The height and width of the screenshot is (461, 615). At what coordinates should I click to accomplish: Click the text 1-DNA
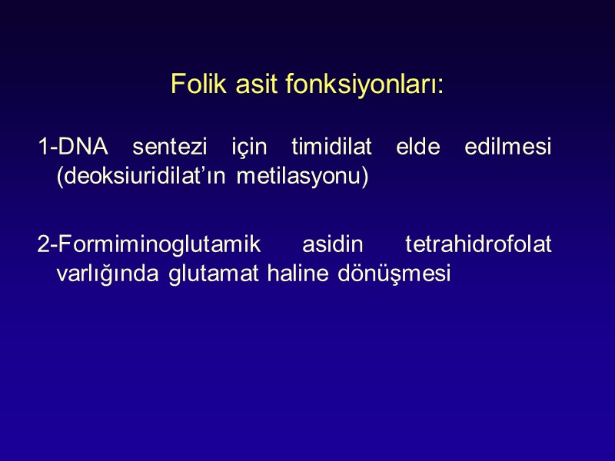point(73,147)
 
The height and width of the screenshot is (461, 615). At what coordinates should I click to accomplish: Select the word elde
point(416,147)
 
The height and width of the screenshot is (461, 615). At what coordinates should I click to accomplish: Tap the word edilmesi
point(508,147)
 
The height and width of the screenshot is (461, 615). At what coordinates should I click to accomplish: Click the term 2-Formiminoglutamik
point(149,245)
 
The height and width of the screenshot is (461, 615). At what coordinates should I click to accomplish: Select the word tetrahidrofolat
point(478,245)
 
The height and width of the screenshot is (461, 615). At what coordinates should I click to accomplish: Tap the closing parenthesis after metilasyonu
point(366,176)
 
